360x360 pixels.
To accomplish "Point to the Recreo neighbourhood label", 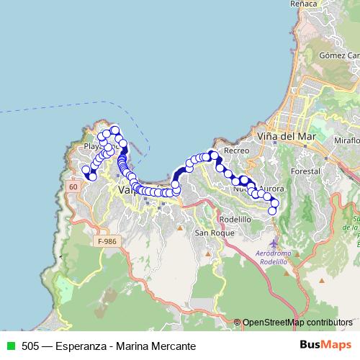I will coord(236,150).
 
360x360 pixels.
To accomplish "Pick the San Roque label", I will coord(210,233).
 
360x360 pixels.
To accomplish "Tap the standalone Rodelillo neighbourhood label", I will coord(235,219).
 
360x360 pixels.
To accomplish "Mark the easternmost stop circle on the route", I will coord(274,203).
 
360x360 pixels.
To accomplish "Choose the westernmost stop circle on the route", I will coord(86,170).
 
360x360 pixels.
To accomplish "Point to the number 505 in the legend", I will coord(30,346).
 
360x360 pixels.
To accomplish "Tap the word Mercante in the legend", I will coord(173,346).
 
